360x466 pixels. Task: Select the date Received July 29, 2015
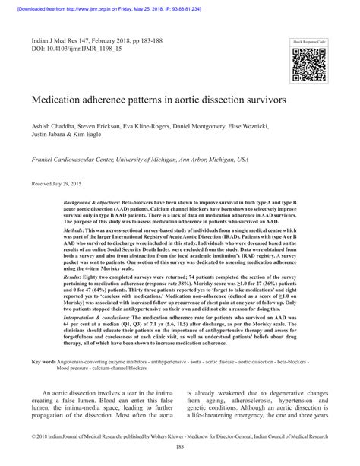tap(58, 183)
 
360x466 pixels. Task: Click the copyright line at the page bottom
tap(179, 438)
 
